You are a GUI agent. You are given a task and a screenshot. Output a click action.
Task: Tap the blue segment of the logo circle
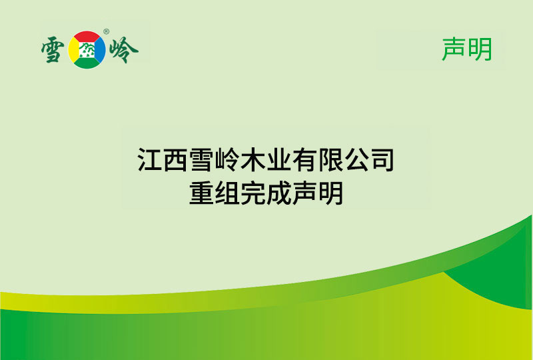[x=100, y=49]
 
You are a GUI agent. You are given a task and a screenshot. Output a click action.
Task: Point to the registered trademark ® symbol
[x=107, y=32]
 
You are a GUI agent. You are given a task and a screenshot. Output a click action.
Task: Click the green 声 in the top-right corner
[x=454, y=49]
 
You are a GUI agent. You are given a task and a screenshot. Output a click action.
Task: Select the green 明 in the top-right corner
[x=480, y=49]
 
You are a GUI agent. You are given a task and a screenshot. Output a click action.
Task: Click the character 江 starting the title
[x=151, y=161]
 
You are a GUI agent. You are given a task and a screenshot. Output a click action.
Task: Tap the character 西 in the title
[x=176, y=161]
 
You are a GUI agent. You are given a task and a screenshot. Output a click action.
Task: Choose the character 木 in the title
[x=255, y=161]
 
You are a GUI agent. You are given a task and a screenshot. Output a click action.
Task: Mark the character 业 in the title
[x=280, y=161]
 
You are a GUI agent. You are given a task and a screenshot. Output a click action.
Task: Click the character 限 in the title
[x=331, y=161]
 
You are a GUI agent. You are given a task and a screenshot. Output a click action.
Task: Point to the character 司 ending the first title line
[x=382, y=161]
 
